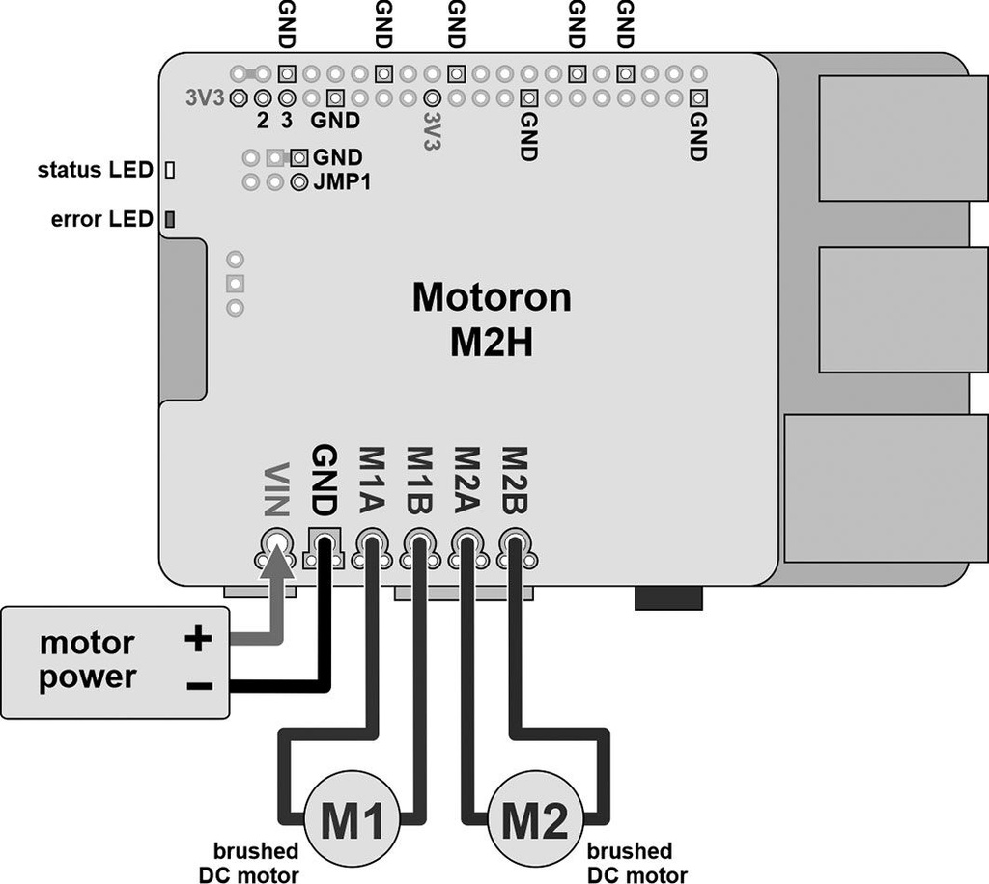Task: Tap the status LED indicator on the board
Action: point(170,171)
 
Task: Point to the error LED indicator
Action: point(170,220)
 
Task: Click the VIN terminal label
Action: point(275,491)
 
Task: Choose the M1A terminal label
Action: point(371,480)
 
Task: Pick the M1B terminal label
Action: point(418,480)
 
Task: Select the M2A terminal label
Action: point(466,480)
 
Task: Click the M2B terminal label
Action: point(513,480)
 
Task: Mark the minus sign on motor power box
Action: point(198,686)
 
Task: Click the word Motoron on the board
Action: point(491,297)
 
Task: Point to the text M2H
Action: point(491,344)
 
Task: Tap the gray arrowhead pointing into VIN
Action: point(278,562)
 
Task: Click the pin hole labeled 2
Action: point(262,98)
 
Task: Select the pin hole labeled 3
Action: point(287,98)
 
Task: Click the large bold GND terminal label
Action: point(324,480)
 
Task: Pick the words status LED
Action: point(95,171)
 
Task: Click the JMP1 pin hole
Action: point(299,180)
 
